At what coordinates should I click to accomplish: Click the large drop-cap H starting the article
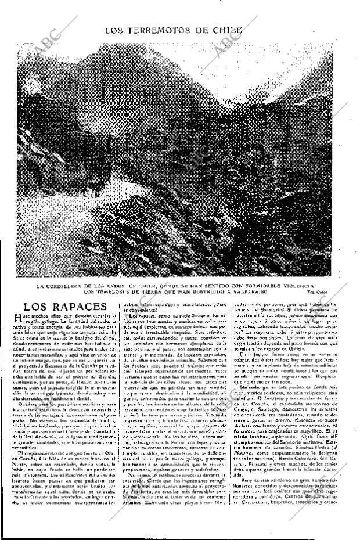tap(17, 318)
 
